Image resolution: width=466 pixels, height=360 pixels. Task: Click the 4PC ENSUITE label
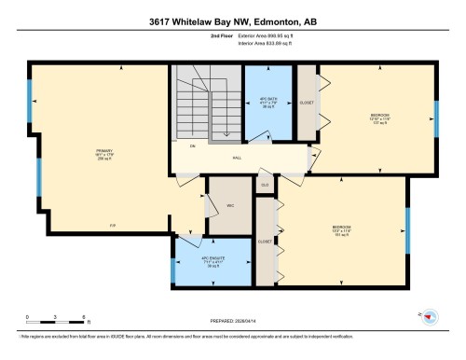[x=213, y=258]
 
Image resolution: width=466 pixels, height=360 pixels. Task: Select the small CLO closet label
[x=265, y=186]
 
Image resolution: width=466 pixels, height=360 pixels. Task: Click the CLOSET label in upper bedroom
[x=306, y=103]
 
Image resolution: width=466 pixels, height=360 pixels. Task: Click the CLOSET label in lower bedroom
[x=265, y=241]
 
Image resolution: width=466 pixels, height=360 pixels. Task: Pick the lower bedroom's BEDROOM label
[x=341, y=227]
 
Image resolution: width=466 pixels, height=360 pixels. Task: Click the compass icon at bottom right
[x=431, y=318]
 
